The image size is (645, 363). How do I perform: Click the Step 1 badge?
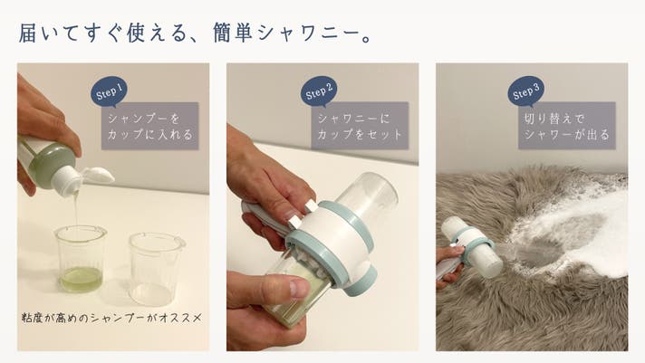click(109, 91)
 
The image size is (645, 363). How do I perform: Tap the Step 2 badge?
click(318, 91)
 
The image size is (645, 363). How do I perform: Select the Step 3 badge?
click(525, 91)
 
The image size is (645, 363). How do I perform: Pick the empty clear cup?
click(155, 268)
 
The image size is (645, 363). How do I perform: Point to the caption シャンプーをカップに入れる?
click(150, 126)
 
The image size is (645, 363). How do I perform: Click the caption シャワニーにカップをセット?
click(360, 126)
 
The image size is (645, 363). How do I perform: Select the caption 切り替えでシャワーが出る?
click(567, 126)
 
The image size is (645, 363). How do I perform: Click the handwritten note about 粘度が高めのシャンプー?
click(111, 318)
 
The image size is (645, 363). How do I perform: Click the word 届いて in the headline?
click(49, 33)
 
